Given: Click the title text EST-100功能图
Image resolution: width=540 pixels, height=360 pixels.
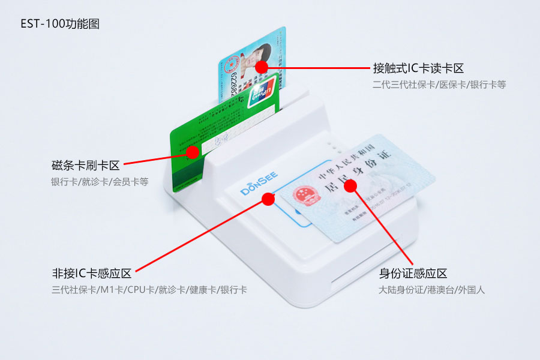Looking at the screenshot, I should [x=60, y=24].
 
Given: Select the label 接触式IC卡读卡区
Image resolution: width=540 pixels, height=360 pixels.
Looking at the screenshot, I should [x=418, y=68].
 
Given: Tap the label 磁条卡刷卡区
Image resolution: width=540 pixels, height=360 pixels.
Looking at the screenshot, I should [x=86, y=165].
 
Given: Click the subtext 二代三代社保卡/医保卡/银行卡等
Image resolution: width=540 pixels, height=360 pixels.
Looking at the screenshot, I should [x=439, y=85].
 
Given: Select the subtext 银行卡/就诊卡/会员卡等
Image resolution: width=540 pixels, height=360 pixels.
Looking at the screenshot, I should [x=100, y=181].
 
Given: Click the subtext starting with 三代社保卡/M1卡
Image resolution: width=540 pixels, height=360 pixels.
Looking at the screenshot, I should [x=149, y=290].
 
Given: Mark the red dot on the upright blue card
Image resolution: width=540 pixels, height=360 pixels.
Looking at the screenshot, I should [x=261, y=67].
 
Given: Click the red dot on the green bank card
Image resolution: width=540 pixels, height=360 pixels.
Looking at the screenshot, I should [x=192, y=152].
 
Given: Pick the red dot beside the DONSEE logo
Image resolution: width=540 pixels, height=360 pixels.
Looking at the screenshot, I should [x=268, y=199].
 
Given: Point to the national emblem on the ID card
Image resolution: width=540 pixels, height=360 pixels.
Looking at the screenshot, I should [x=302, y=196].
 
